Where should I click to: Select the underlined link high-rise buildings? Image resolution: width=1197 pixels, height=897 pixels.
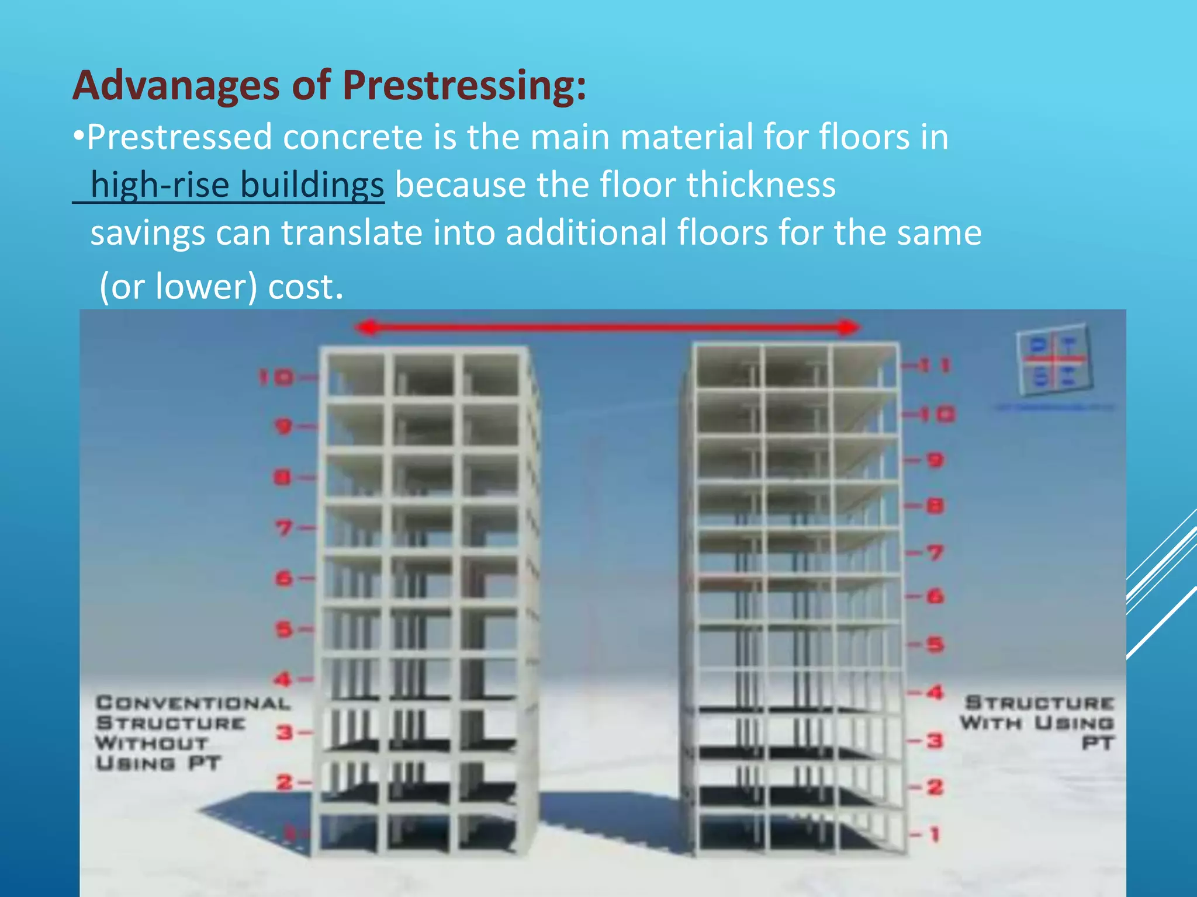(x=237, y=185)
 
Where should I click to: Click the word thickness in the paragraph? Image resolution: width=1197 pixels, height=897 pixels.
(x=760, y=185)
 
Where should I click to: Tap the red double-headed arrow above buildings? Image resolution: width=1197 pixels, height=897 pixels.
(x=608, y=327)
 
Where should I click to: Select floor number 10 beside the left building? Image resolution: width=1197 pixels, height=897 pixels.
(x=276, y=378)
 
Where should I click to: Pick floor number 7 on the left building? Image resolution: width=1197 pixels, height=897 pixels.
(x=284, y=529)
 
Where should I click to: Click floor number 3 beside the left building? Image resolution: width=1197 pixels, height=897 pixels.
(x=285, y=732)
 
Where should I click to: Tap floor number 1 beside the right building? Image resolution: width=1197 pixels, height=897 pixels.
(x=935, y=834)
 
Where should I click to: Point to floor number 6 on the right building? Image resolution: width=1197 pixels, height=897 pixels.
(x=935, y=596)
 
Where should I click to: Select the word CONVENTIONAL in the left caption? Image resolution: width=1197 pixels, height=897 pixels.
(x=193, y=703)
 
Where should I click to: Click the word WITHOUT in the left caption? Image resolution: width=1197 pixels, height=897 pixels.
(x=151, y=743)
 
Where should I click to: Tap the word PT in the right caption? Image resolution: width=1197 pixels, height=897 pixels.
(x=1098, y=743)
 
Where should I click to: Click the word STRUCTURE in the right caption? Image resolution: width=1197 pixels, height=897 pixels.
(x=1039, y=703)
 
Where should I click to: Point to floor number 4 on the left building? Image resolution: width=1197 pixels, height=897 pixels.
(x=283, y=679)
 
